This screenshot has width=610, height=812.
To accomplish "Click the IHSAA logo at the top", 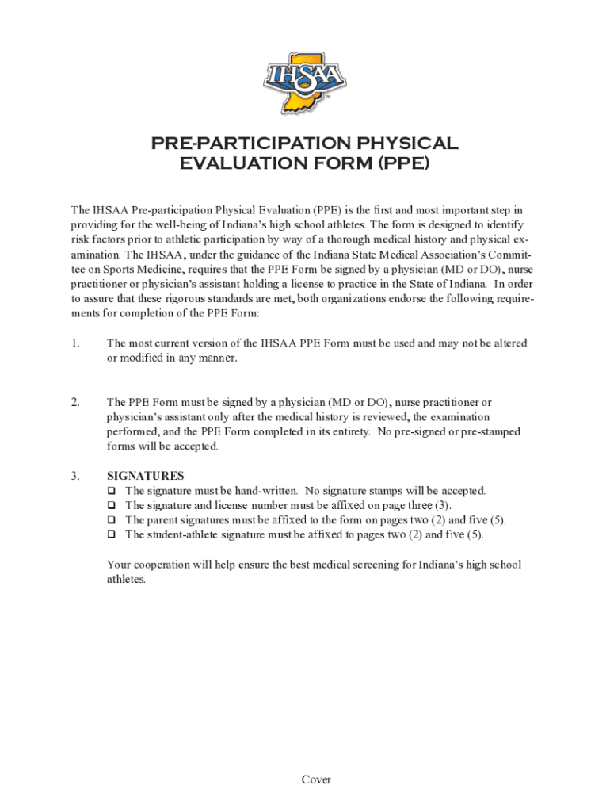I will point(304,82).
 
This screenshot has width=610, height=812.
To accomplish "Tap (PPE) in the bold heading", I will point(403,163).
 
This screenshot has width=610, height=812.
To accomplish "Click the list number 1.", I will point(75,343).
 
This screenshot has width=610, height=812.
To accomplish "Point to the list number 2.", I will point(75,403).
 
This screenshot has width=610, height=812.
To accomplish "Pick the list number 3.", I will point(75,476).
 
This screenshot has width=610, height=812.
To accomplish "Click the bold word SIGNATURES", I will point(146,476).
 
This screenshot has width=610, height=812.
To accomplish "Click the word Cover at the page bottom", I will point(316,779).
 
